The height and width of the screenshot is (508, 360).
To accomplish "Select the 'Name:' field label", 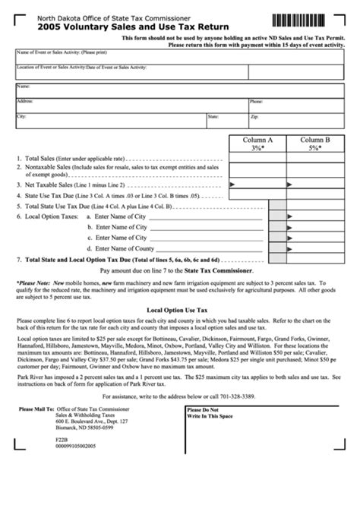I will point(24,87).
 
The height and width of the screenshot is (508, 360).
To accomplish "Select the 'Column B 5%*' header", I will point(314,144).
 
